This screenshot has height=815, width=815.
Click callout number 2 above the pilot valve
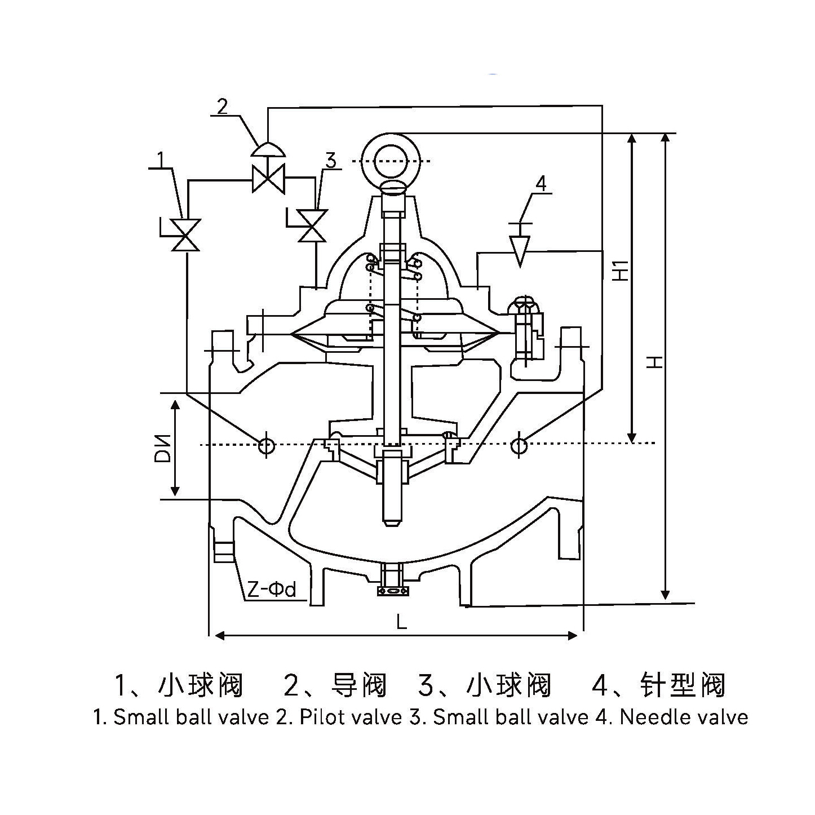pos(223,107)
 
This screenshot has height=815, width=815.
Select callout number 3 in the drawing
pos(330,161)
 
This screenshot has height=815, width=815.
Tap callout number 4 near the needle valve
pos(540,184)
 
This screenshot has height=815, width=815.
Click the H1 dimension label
pos(620,271)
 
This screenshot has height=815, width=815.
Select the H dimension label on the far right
pos(654,362)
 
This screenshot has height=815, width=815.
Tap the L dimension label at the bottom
pos(401,622)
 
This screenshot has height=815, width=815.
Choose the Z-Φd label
pos(272,590)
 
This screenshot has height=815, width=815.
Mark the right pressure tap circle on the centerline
pos(519,446)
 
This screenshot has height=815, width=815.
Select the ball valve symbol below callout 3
pos(312,225)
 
